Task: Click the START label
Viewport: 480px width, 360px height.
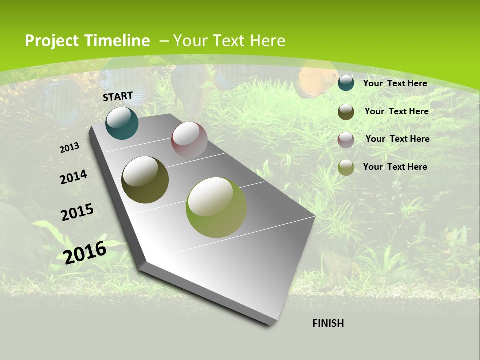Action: pyautogui.click(x=118, y=96)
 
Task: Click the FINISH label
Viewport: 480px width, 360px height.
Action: pyautogui.click(x=328, y=323)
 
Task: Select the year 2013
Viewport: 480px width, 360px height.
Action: pyautogui.click(x=70, y=147)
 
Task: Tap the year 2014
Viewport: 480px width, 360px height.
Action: pyautogui.click(x=73, y=177)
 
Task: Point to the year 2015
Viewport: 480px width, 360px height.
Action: pyautogui.click(x=77, y=212)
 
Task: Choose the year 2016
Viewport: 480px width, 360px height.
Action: pyautogui.click(x=85, y=252)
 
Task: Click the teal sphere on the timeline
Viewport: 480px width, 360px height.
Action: pyautogui.click(x=122, y=123)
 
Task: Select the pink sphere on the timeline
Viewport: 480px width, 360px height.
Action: pyautogui.click(x=189, y=140)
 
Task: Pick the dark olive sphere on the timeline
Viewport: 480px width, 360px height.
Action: pyautogui.click(x=145, y=180)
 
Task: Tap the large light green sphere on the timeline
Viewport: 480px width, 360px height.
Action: pyautogui.click(x=216, y=207)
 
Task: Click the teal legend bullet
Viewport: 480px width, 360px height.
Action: pyautogui.click(x=346, y=83)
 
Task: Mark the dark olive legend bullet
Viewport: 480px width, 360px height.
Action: pyautogui.click(x=346, y=112)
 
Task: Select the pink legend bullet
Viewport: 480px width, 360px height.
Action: pyautogui.click(x=346, y=140)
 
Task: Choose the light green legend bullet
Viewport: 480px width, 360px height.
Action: pyautogui.click(x=346, y=167)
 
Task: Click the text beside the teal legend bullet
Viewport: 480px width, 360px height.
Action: pyautogui.click(x=395, y=83)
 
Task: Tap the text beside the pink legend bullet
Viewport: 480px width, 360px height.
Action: pyautogui.click(x=397, y=139)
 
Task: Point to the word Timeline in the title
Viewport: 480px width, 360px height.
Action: pyautogui.click(x=117, y=41)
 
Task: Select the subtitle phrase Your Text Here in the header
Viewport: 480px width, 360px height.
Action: pyautogui.click(x=229, y=41)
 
